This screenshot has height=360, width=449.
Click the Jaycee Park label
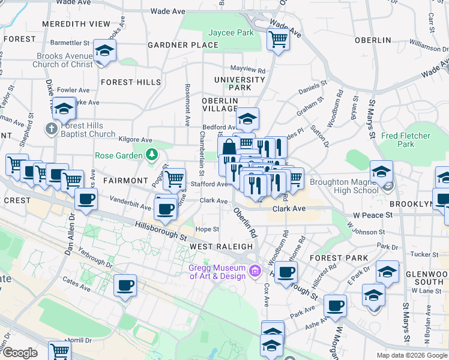tap(231, 33)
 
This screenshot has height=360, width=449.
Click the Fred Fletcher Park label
tap(406, 140)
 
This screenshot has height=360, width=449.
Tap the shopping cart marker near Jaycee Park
tap(278, 40)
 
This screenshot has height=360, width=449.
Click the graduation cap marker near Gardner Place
tap(105, 51)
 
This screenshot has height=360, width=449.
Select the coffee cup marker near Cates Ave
tap(125, 286)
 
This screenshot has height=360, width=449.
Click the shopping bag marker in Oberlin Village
tap(229, 148)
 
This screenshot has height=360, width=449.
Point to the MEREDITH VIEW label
tap(76, 24)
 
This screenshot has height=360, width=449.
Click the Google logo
tap(19, 353)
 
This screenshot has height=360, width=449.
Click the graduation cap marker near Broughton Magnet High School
tap(381, 172)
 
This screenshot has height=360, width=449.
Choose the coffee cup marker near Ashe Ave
tap(335, 305)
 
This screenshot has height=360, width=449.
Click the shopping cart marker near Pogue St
tap(174, 177)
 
